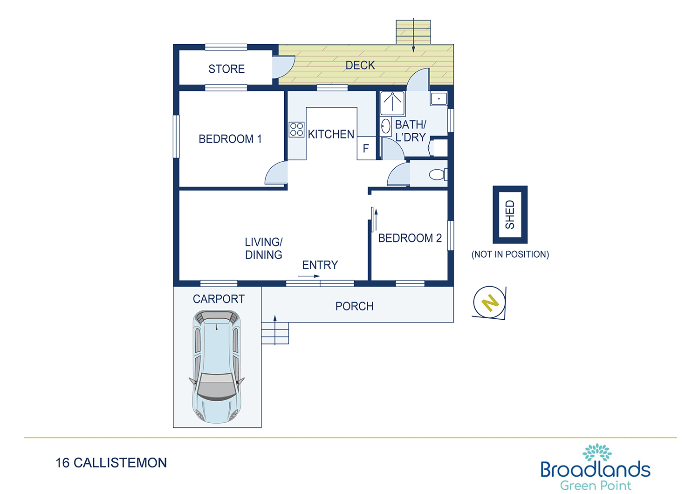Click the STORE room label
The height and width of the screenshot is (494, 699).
tap(226, 69)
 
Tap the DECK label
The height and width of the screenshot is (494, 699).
tap(360, 65)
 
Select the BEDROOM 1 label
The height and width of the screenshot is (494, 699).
tap(230, 139)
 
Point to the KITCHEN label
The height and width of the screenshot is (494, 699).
tap(331, 134)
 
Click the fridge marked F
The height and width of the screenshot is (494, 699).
tap(366, 148)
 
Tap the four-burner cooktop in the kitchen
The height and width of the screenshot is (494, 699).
tap(296, 130)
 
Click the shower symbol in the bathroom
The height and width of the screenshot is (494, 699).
tap(392, 103)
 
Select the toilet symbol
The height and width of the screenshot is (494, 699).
tap(438, 174)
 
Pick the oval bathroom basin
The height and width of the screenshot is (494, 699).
tap(386, 126)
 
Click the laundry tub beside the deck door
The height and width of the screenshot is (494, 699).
tap(439, 99)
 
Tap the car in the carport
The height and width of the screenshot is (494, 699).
tap(217, 367)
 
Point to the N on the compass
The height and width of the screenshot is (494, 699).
tap(490, 302)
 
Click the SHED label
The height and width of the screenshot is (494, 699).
tap(510, 214)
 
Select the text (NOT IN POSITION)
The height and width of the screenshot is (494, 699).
tap(510, 254)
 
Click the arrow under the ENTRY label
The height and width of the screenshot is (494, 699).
tap(309, 276)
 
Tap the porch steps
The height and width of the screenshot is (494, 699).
tap(275, 333)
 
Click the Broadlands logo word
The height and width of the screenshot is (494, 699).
tap(596, 469)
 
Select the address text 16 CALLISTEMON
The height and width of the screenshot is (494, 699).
tap(111, 463)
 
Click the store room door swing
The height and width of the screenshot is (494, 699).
tap(283, 67)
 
